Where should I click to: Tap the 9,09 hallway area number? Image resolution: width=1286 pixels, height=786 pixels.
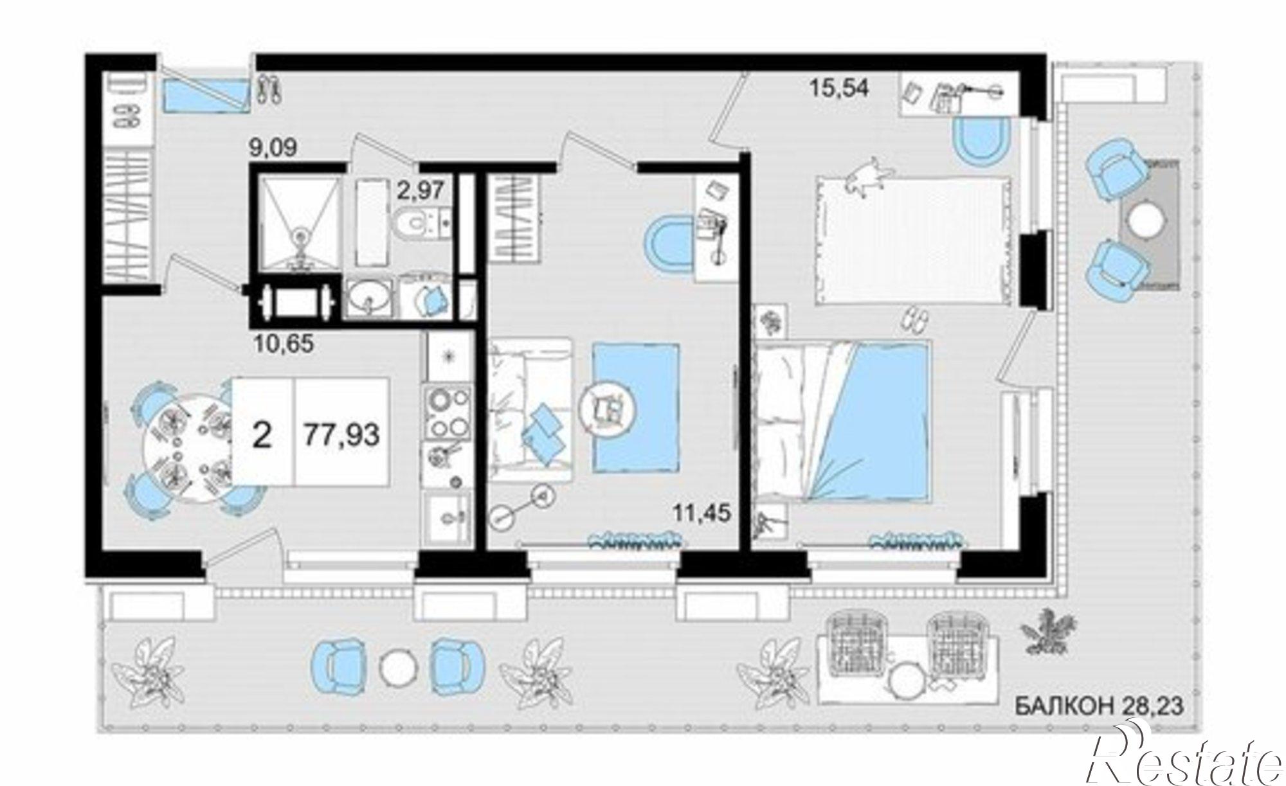(273, 148)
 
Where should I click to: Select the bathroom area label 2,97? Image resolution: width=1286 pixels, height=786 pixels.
(421, 190)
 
